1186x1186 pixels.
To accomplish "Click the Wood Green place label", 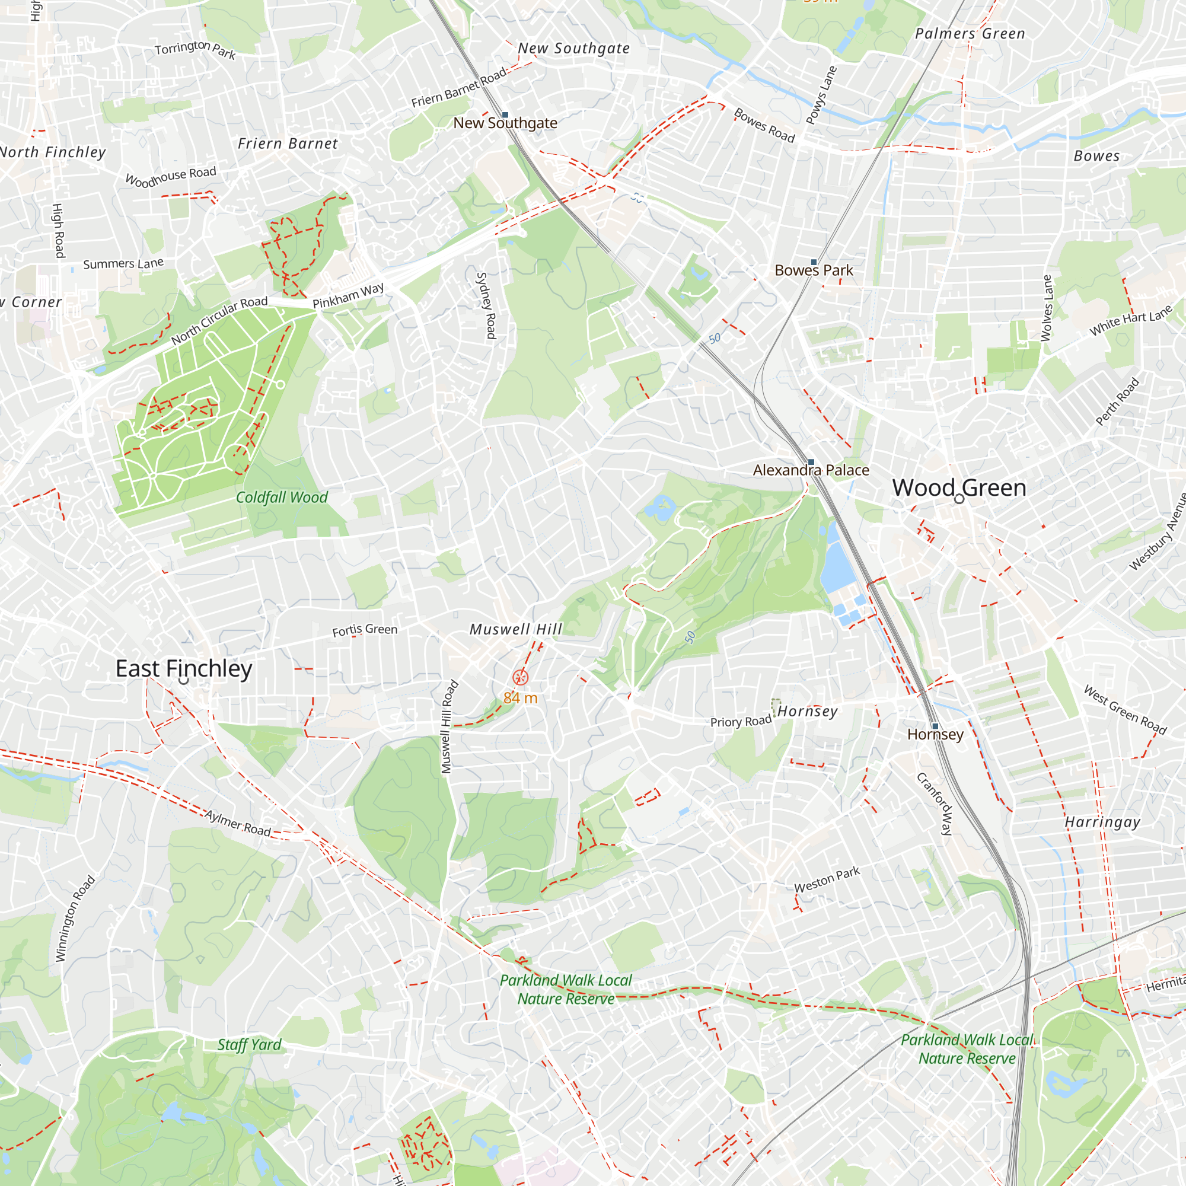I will pos(959,487).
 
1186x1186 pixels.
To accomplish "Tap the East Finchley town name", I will pos(184,668).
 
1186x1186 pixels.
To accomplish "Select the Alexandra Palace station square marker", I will pos(811,461).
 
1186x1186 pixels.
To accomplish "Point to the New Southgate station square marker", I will pos(505,115).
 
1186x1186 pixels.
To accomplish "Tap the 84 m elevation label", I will pos(520,698).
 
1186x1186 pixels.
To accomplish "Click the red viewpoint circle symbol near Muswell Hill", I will pos(521,677).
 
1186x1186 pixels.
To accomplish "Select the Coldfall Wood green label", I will pos(282,498).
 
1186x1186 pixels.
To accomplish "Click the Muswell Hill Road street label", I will pos(449,726).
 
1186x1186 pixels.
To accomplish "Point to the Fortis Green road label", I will pos(365,630).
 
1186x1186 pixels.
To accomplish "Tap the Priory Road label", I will pos(740,721).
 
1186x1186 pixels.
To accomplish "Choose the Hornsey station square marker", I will pos(935,726).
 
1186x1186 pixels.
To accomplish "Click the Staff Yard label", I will pos(249,1044).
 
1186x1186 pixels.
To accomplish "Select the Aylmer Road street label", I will pos(238,823).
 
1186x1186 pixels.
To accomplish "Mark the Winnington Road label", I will pos(75,918).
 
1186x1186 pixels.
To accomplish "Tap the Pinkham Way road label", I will pos(348,295).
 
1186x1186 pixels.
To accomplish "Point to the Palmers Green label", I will pos(970,34).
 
